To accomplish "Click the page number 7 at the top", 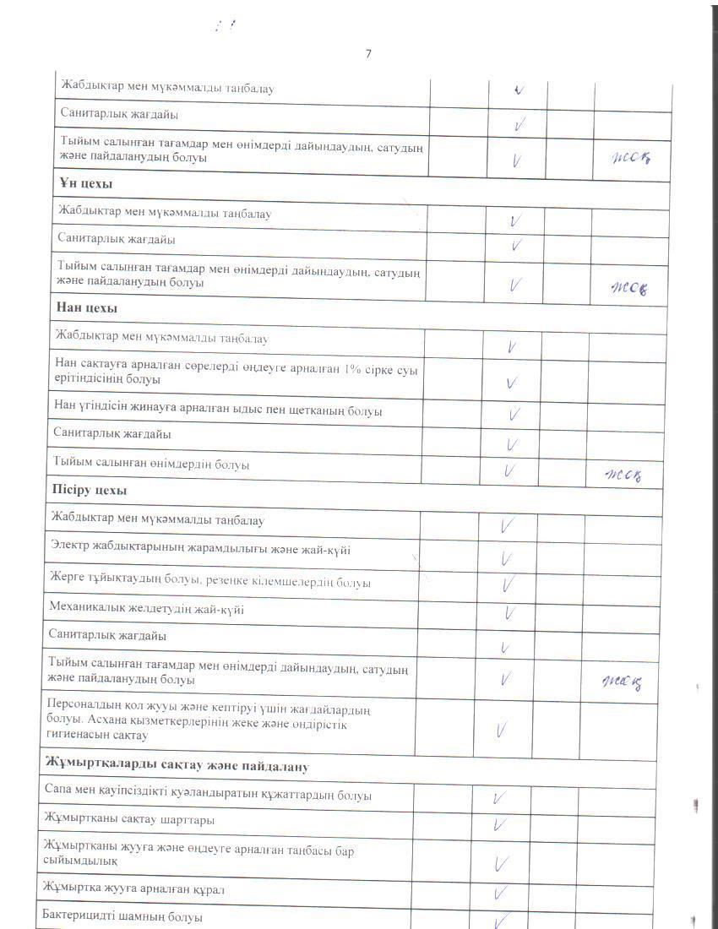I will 368,54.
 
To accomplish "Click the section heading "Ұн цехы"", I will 87,183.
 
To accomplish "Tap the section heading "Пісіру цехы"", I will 89,490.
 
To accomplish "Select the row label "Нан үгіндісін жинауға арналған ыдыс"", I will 217,411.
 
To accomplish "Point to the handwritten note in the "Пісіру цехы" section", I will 623,682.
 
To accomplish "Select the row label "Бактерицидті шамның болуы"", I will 122,916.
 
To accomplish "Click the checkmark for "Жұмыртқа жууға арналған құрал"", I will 500,892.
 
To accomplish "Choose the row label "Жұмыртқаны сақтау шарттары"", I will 128,820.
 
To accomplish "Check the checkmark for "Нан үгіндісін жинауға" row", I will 512,414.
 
